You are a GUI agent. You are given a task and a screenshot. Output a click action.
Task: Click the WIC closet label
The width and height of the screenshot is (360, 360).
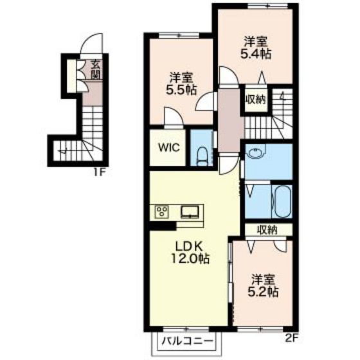[169, 147]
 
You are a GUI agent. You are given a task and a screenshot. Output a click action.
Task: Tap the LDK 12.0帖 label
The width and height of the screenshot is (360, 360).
[190, 253]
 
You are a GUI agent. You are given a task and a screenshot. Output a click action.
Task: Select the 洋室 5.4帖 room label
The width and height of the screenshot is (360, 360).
[256, 48]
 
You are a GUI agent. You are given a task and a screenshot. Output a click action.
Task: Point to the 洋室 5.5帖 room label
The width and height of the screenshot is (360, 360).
[181, 84]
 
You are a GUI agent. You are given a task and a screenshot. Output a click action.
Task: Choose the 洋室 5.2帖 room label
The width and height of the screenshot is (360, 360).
[263, 286]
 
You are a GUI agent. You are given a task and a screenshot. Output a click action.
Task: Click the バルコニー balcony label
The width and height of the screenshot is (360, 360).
[187, 341]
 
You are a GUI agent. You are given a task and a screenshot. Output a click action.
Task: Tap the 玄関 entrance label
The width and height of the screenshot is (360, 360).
[96, 69]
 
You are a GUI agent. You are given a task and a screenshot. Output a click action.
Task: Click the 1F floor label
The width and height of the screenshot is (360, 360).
[100, 172]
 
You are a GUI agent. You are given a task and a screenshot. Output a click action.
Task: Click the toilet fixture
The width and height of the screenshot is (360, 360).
[203, 156]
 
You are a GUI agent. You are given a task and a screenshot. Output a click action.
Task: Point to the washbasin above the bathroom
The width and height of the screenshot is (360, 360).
[255, 152]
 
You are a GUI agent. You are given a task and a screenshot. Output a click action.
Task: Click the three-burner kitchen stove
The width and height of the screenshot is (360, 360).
[162, 212]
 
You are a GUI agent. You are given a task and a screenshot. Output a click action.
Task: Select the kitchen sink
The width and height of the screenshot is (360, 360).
[190, 212]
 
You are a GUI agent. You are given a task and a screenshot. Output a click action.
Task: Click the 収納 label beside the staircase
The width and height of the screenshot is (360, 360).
[256, 100]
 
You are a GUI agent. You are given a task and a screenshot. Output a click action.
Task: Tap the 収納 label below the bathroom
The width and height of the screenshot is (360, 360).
[267, 230]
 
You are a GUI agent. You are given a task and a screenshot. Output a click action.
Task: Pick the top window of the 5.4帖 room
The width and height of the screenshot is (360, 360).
[268, 6]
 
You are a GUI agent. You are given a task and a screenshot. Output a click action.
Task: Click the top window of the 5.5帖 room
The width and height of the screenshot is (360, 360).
[179, 35]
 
